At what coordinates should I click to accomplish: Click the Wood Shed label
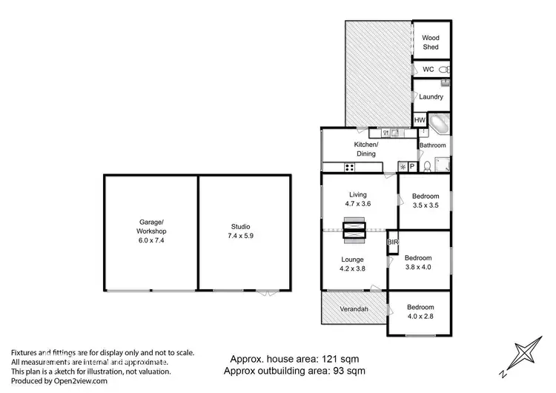(431, 42)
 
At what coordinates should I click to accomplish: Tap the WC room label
(428, 70)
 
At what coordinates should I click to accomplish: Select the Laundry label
(431, 97)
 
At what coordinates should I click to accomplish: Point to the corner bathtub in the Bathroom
(440, 124)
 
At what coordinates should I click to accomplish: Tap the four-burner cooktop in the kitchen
(328, 168)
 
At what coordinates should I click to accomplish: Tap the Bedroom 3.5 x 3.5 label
(426, 201)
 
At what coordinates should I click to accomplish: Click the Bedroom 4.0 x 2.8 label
(420, 311)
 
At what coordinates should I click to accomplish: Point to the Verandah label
(354, 310)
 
